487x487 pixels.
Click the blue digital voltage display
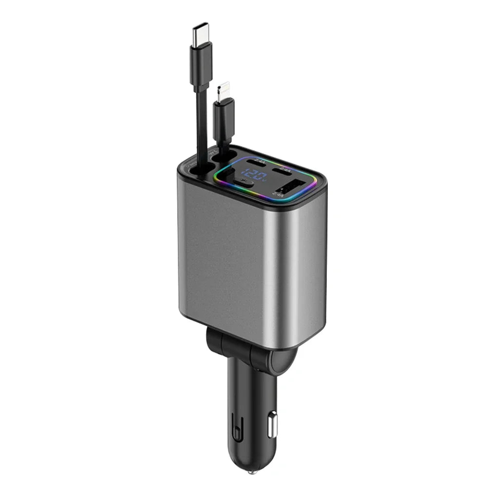click(x=253, y=174)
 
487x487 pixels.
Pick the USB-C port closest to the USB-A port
click(x=282, y=171)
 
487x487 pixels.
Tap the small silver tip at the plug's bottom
click(x=251, y=471)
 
